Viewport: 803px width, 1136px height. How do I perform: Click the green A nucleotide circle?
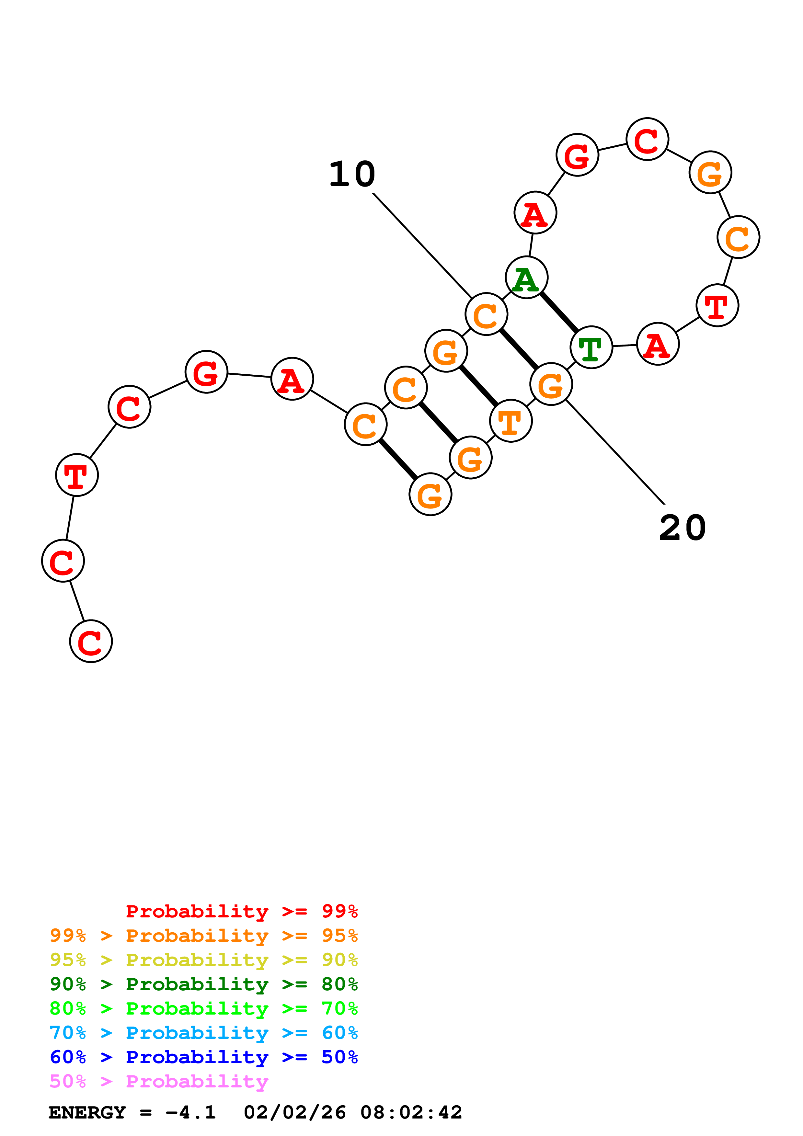click(526, 278)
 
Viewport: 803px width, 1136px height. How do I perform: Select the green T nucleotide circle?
click(591, 347)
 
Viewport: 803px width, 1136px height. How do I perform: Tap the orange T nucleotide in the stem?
click(510, 421)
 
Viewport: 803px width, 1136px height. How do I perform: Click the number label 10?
click(352, 175)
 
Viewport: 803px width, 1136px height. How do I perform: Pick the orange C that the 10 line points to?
click(486, 314)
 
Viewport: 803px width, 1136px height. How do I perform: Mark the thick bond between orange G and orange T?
click(478, 386)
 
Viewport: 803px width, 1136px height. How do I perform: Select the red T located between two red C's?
click(77, 475)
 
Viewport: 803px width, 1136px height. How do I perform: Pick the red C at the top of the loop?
click(647, 140)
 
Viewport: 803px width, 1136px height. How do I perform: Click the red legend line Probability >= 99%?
click(241, 911)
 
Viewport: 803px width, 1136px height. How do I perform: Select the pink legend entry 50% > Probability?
click(158, 1082)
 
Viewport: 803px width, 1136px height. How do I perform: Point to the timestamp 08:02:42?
click(411, 1113)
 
